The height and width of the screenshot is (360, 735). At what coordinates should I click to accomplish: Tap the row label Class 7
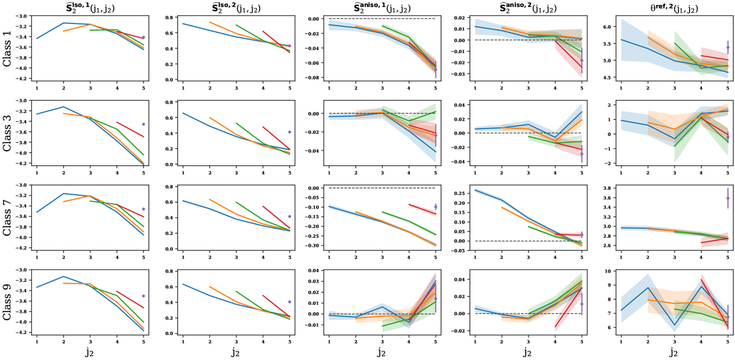[x=9, y=218]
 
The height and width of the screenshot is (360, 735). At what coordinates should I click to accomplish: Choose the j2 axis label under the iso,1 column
[x=89, y=352]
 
